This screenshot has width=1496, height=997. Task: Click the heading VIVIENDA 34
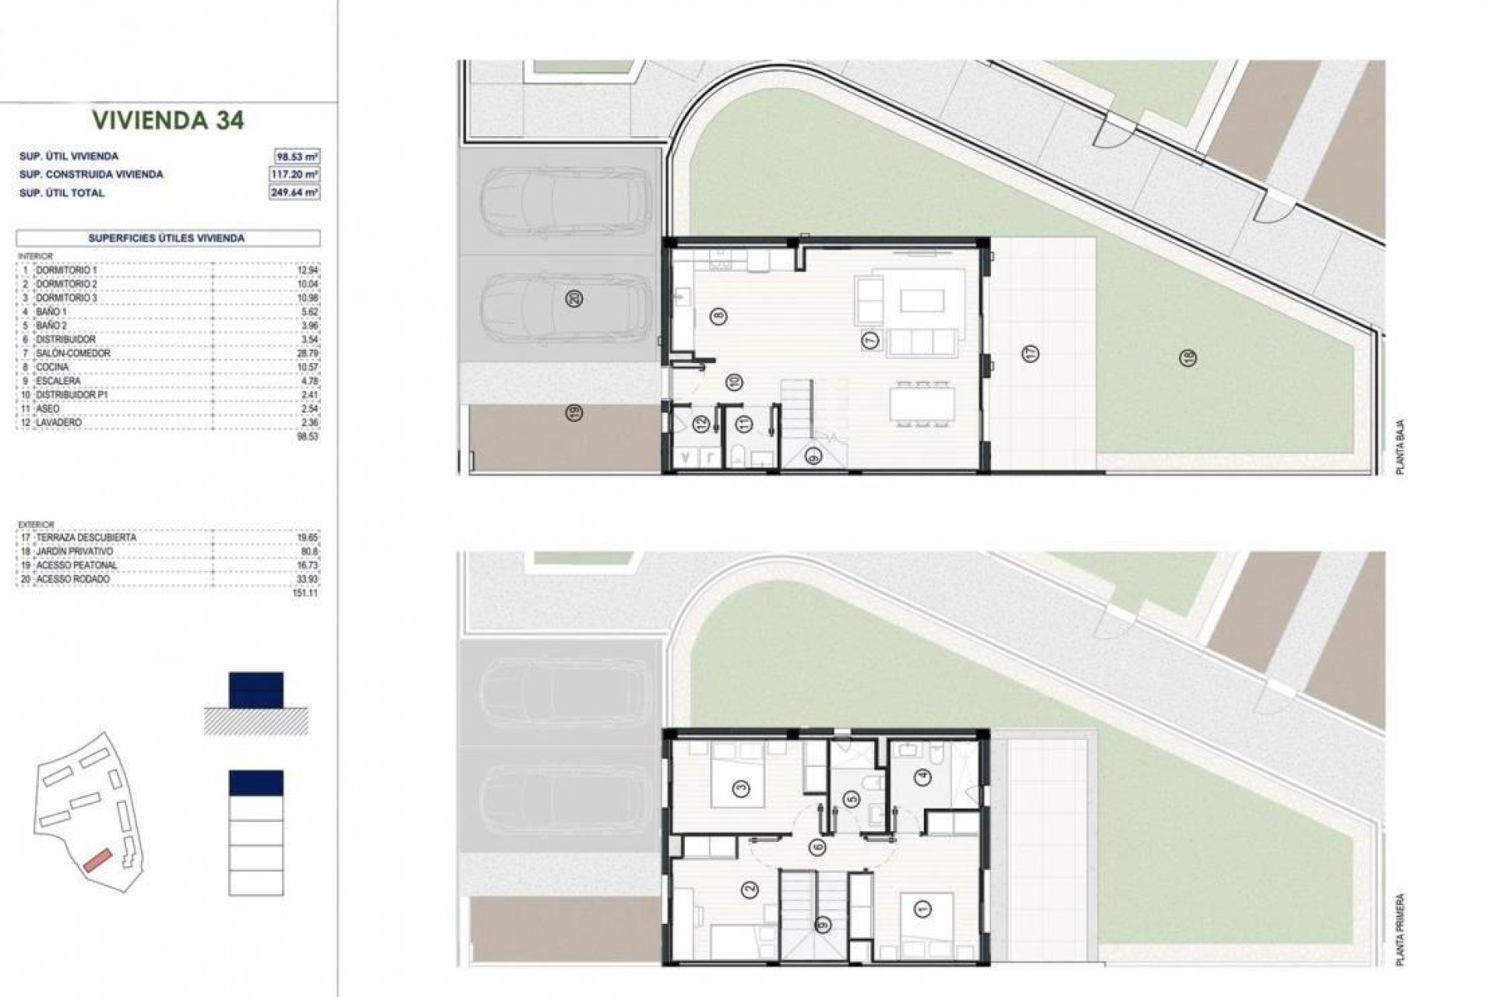[168, 120]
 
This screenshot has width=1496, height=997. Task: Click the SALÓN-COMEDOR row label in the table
[73, 354]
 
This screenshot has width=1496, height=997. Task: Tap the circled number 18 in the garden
[1188, 358]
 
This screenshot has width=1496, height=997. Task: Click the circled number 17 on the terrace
[1032, 354]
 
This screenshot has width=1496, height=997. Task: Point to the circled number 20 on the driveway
[576, 298]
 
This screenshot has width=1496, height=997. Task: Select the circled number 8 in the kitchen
[718, 316]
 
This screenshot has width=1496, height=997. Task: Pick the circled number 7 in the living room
[870, 340]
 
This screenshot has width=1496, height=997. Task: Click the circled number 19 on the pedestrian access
[575, 413]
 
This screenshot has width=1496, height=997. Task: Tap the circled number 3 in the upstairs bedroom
[742, 789]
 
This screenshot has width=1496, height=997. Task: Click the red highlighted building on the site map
[99, 860]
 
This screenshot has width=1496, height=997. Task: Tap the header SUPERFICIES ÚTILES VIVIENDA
[167, 238]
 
